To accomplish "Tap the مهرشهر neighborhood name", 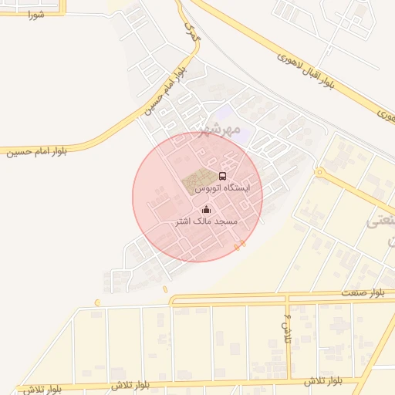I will (219, 127).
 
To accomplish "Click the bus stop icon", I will (223, 176).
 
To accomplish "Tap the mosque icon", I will (206, 209).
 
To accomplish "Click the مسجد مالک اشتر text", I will (205, 221).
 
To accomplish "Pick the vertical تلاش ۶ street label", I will (288, 328).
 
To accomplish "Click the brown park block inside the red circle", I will (197, 181).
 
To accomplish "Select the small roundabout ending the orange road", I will (318, 172).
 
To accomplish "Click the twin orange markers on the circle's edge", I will (240, 245).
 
